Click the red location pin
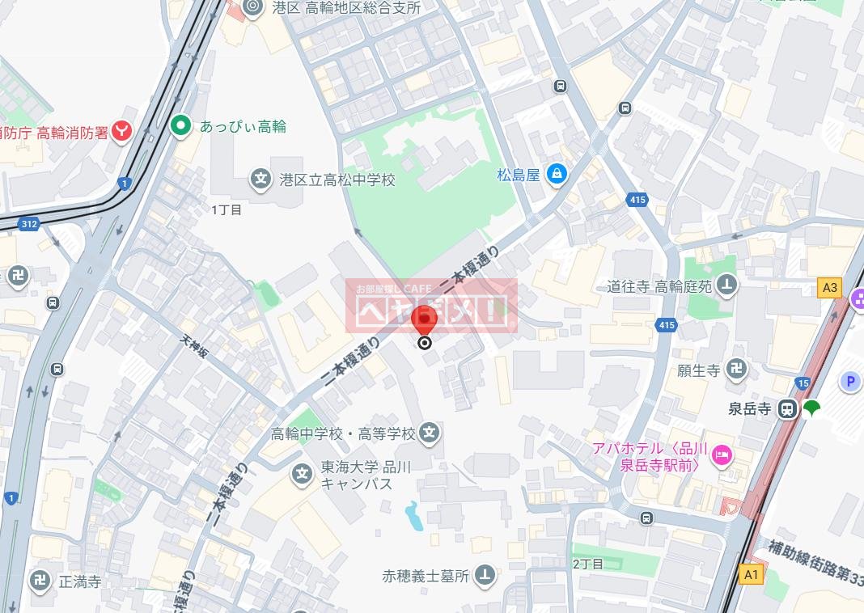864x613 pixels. coord(424,321)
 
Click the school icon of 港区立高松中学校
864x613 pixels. coord(260,178)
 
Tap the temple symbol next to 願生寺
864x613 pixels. coord(736,370)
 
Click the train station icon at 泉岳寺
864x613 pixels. coord(786,409)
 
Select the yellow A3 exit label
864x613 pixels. coord(830,286)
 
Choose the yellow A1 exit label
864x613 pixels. coord(752,574)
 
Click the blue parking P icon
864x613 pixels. coord(850,382)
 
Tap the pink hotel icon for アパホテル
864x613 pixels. coord(721,457)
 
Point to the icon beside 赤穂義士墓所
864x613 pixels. coord(485,575)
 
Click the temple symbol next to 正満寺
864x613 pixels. coord(40,580)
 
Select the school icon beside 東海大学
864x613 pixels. coord(303,473)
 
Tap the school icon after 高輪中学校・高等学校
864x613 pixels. coord(430,433)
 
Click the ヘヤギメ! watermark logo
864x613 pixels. coord(432,306)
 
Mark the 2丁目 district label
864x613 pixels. coord(587,564)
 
